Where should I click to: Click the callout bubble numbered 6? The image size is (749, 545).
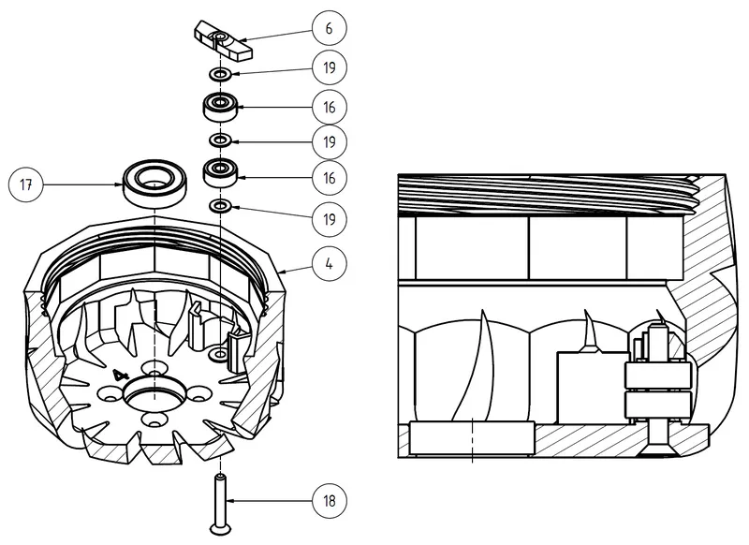click(x=330, y=28)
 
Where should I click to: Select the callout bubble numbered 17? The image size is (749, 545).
click(x=26, y=184)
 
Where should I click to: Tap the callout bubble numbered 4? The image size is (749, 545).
click(x=330, y=264)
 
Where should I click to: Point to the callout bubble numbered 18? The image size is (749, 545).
click(x=330, y=501)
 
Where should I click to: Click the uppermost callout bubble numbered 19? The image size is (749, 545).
click(x=330, y=67)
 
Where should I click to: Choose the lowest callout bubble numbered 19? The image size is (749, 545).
click(x=330, y=219)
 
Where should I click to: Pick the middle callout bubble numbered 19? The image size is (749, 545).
click(x=330, y=141)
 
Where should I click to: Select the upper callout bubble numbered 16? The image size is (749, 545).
click(x=330, y=107)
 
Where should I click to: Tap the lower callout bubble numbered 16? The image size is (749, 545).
click(x=330, y=178)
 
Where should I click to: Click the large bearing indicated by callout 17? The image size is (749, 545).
click(x=155, y=184)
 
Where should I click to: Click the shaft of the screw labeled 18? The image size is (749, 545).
click(x=220, y=499)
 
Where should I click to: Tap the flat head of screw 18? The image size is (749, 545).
click(x=221, y=529)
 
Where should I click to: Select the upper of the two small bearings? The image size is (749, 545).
click(x=220, y=106)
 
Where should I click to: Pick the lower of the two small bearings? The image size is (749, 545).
click(x=220, y=172)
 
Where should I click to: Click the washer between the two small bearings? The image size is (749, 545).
click(x=220, y=140)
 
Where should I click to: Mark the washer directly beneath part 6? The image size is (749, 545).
click(x=220, y=74)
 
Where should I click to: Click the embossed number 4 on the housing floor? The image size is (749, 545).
click(x=121, y=375)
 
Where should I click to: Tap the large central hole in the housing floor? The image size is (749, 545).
click(x=155, y=394)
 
